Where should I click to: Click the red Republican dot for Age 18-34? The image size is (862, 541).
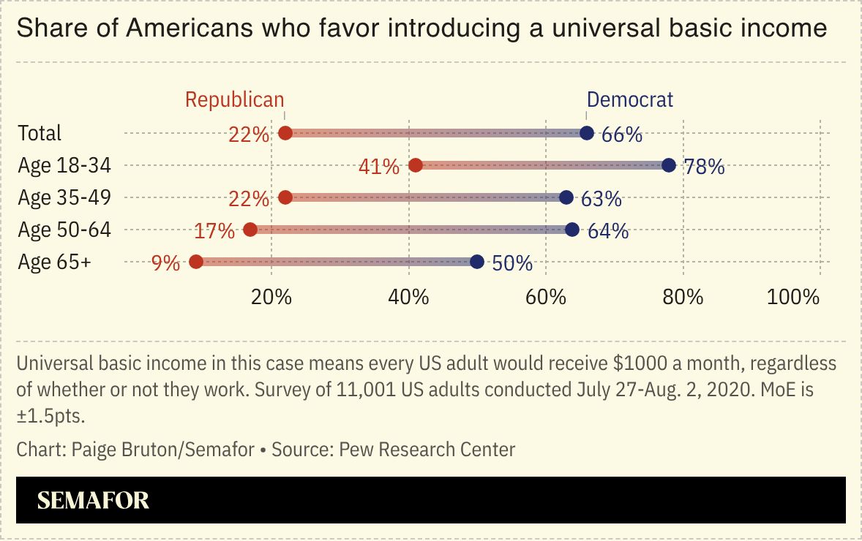pyautogui.click(x=416, y=165)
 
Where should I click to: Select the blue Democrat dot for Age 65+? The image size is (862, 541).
pyautogui.click(x=477, y=262)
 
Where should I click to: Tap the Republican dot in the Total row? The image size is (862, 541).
pyautogui.click(x=285, y=133)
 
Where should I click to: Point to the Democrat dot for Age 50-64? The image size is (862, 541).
pyautogui.click(x=572, y=230)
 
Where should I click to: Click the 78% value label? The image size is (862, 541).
pyautogui.click(x=704, y=167)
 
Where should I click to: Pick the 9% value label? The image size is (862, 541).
pyautogui.click(x=165, y=262)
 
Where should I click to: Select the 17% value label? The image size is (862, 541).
pyautogui.click(x=214, y=231)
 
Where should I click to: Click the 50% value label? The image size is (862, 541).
pyautogui.click(x=512, y=263)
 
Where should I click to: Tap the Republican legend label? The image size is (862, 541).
pyautogui.click(x=234, y=99)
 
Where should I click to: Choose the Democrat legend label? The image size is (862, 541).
pyautogui.click(x=630, y=99)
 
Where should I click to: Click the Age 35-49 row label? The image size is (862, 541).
pyautogui.click(x=64, y=198)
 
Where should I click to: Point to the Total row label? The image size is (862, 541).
pyautogui.click(x=40, y=133)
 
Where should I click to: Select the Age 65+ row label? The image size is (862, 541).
pyautogui.click(x=55, y=262)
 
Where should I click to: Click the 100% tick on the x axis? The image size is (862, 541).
pyautogui.click(x=793, y=297)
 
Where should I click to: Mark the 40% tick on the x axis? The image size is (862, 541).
pyautogui.click(x=408, y=297)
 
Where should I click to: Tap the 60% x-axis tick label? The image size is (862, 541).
pyautogui.click(x=545, y=297)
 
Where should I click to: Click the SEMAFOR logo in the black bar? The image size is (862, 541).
pyautogui.click(x=93, y=500)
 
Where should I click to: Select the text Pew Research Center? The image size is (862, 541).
pyautogui.click(x=427, y=449)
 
